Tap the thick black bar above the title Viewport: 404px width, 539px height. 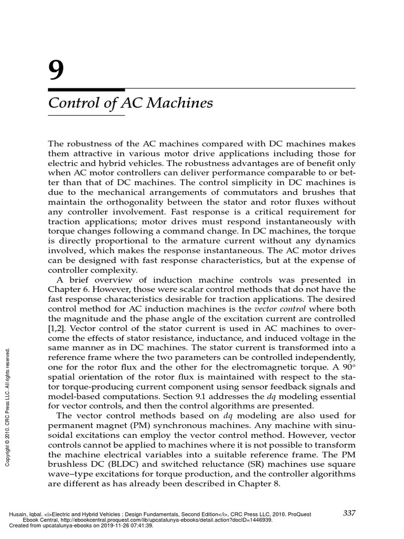(x=86, y=90)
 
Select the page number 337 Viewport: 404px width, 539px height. (x=350, y=513)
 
